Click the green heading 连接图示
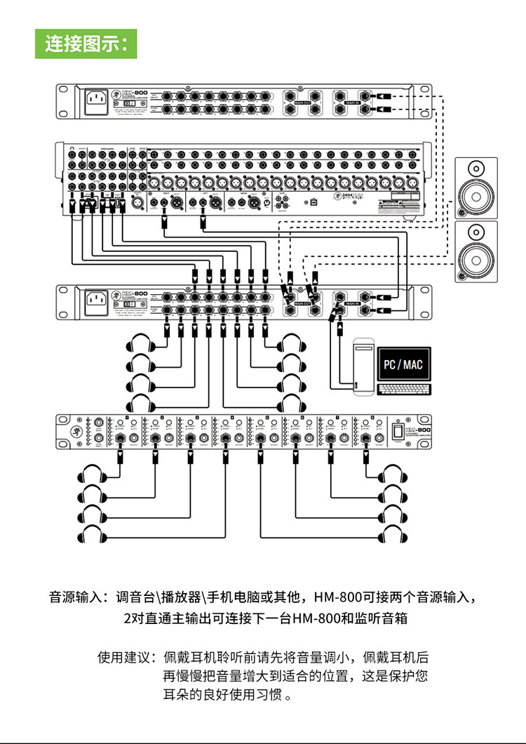pos(86,43)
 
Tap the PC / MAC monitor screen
pos(404,366)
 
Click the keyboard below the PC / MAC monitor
pos(404,390)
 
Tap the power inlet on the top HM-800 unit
pos(99,102)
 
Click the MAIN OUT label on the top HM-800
pos(303,103)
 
